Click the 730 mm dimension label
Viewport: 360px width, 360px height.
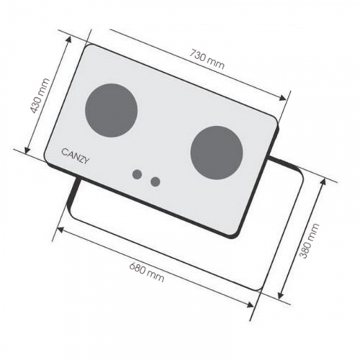coord(207,59)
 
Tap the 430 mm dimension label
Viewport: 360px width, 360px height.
coord(40,96)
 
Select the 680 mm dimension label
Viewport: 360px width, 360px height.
coord(147,272)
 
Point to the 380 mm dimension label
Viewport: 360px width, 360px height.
coord(310,240)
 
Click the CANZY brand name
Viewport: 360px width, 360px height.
coord(76,156)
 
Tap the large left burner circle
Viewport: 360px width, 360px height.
coord(112,110)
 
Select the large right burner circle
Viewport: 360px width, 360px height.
coord(217,153)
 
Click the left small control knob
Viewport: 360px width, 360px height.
coord(137,174)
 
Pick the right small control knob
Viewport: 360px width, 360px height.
coord(156,181)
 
